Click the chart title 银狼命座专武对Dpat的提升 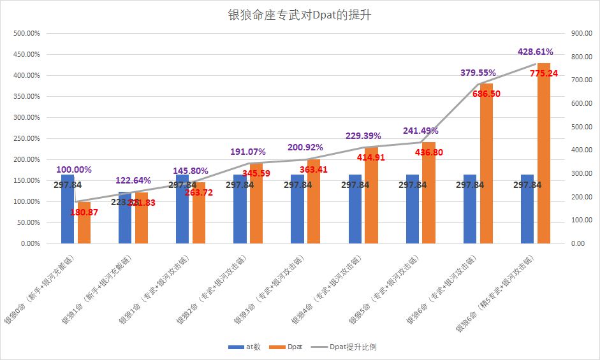(x=300, y=15)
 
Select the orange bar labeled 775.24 (x=544, y=153)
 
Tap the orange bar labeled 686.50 (x=487, y=163)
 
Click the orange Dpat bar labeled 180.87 (x=84, y=222)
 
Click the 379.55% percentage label (x=478, y=73)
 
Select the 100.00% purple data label (x=74, y=169)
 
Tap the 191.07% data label (x=248, y=152)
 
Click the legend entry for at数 (x=245, y=347)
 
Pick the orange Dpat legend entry (x=287, y=347)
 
